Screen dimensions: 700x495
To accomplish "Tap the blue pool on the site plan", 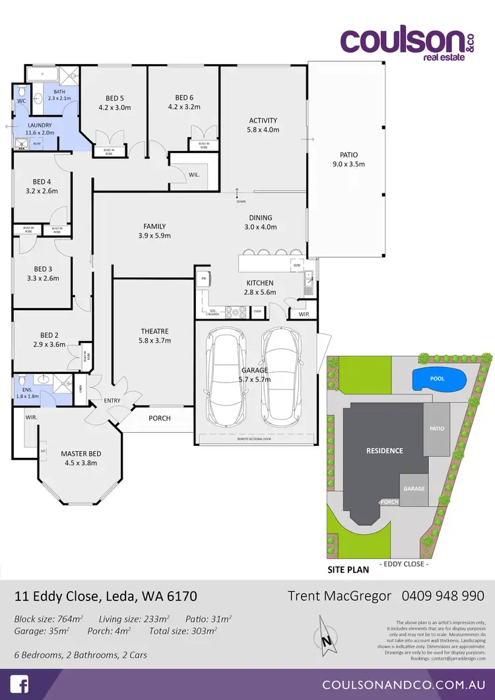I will [x=438, y=379].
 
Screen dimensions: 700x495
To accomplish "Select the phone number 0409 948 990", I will [x=443, y=596].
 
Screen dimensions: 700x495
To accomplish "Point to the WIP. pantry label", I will [x=304, y=314].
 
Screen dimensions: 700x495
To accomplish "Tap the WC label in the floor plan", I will [x=21, y=101].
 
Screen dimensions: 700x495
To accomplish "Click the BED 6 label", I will [x=184, y=102].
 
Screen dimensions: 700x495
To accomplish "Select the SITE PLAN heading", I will [x=348, y=569].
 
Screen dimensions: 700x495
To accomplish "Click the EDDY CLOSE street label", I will [x=405, y=564].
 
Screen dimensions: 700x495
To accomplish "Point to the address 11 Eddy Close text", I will [x=106, y=596].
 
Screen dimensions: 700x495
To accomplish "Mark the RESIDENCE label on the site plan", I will [x=384, y=451].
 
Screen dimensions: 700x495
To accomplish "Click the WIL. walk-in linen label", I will [x=194, y=175].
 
